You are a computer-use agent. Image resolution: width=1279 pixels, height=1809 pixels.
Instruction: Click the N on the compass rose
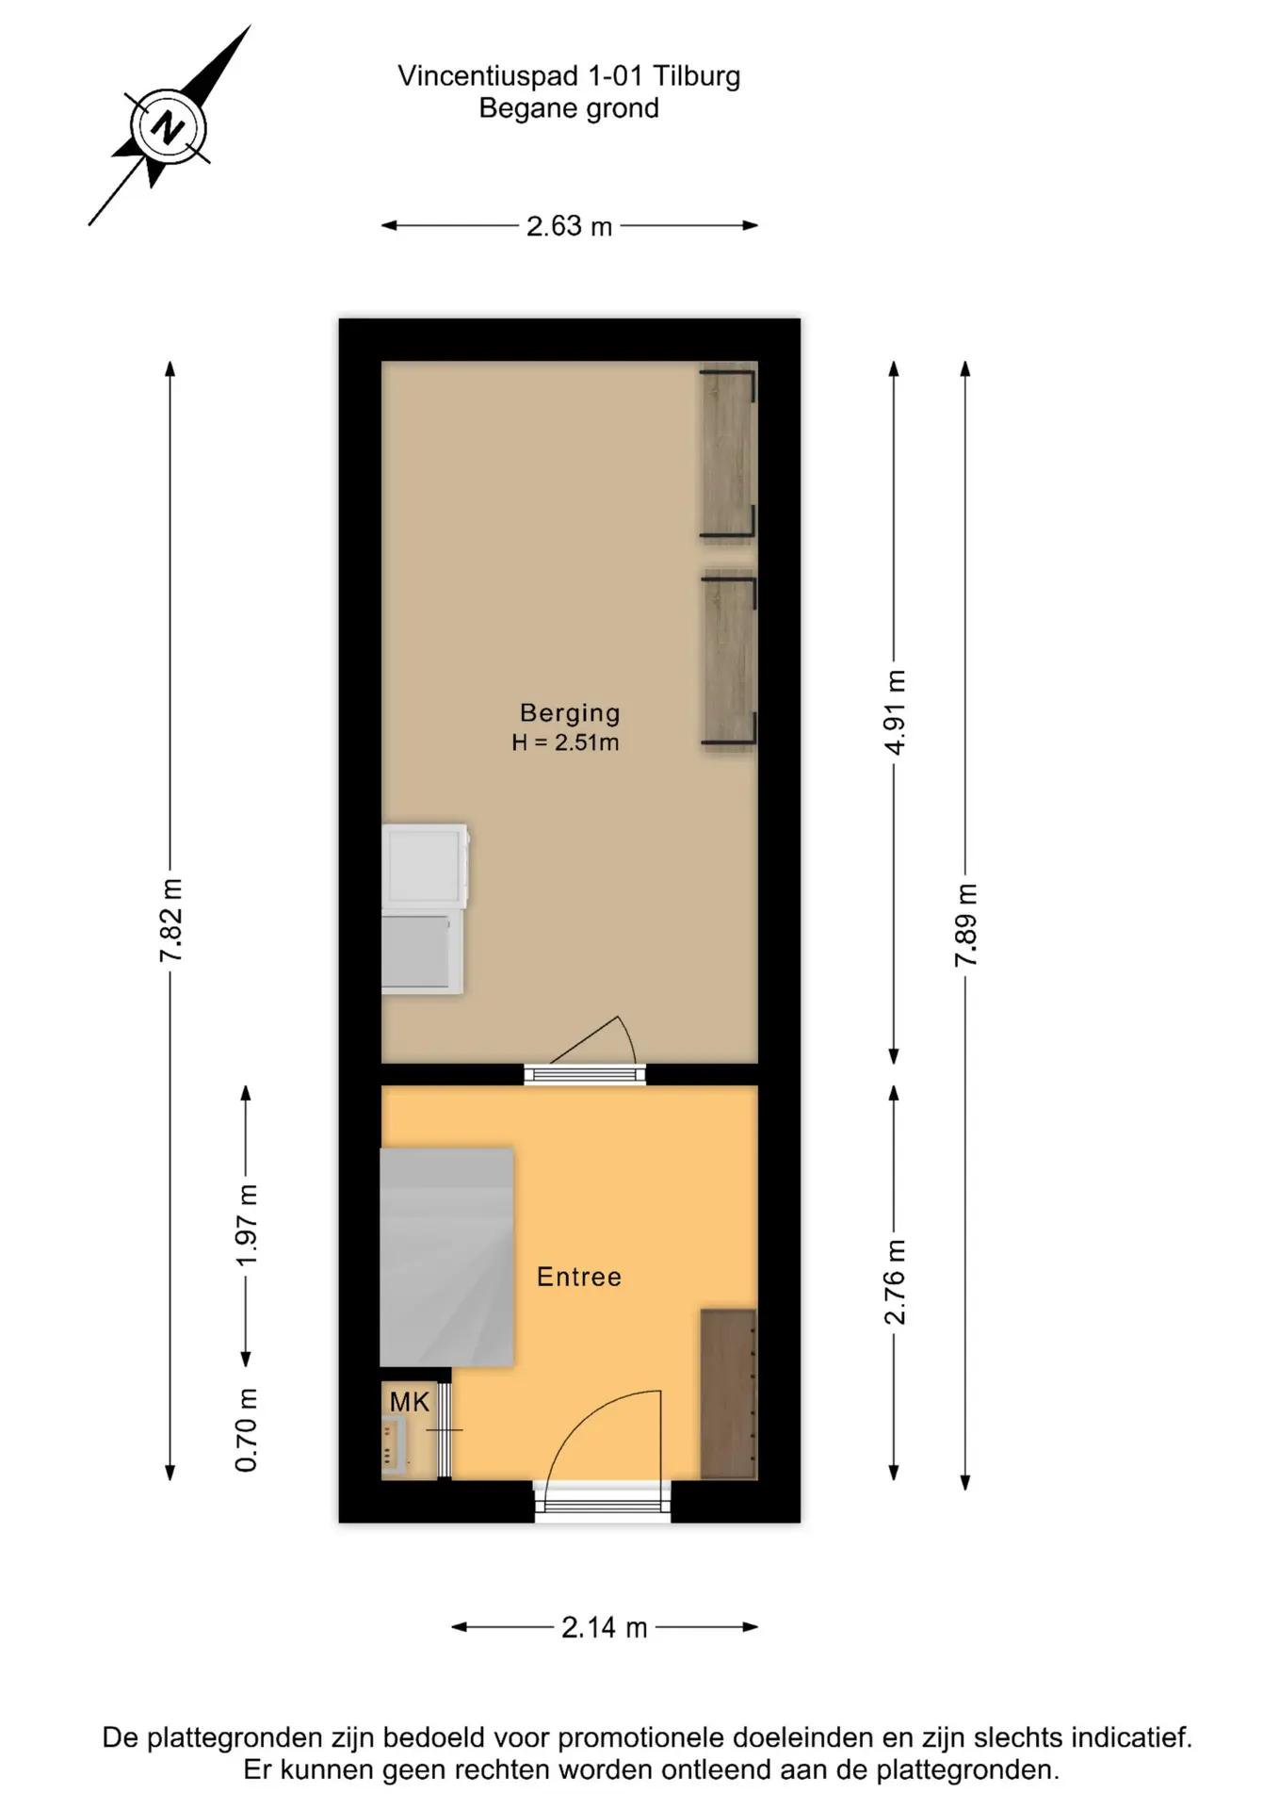coord(169,127)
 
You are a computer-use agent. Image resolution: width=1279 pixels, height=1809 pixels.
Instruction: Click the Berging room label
coord(570,713)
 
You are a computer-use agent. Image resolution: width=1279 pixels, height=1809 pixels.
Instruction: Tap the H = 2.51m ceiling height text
coord(565,742)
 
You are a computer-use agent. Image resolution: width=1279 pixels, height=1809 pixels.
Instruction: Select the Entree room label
coord(579,1277)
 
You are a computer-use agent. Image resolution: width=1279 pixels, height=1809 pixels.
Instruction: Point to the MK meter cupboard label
coord(410,1402)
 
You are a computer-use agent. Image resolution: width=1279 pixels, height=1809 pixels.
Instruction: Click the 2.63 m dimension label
coord(569,226)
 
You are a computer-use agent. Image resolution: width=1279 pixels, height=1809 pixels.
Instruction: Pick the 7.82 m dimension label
coord(170,920)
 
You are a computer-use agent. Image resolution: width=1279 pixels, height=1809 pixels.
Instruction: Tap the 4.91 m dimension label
coord(895,712)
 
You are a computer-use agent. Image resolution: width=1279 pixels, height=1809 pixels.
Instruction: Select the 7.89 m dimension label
coord(966,924)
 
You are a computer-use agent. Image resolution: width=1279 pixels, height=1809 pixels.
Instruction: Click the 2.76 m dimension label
coord(895,1282)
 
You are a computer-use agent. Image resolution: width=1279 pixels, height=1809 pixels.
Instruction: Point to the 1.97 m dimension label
coord(246,1225)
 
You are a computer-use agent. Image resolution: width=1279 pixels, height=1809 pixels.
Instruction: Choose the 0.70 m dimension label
coord(246,1430)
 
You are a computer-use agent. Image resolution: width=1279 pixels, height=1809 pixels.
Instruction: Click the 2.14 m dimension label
coord(605,1627)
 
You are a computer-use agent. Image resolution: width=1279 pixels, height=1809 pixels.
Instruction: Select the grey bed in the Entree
coord(446,1257)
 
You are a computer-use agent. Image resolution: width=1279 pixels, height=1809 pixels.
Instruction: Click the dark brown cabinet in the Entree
coord(728,1393)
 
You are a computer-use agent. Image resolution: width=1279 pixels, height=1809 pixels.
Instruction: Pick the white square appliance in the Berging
coord(425,867)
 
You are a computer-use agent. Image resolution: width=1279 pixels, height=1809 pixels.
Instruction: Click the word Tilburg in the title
coord(696,76)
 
